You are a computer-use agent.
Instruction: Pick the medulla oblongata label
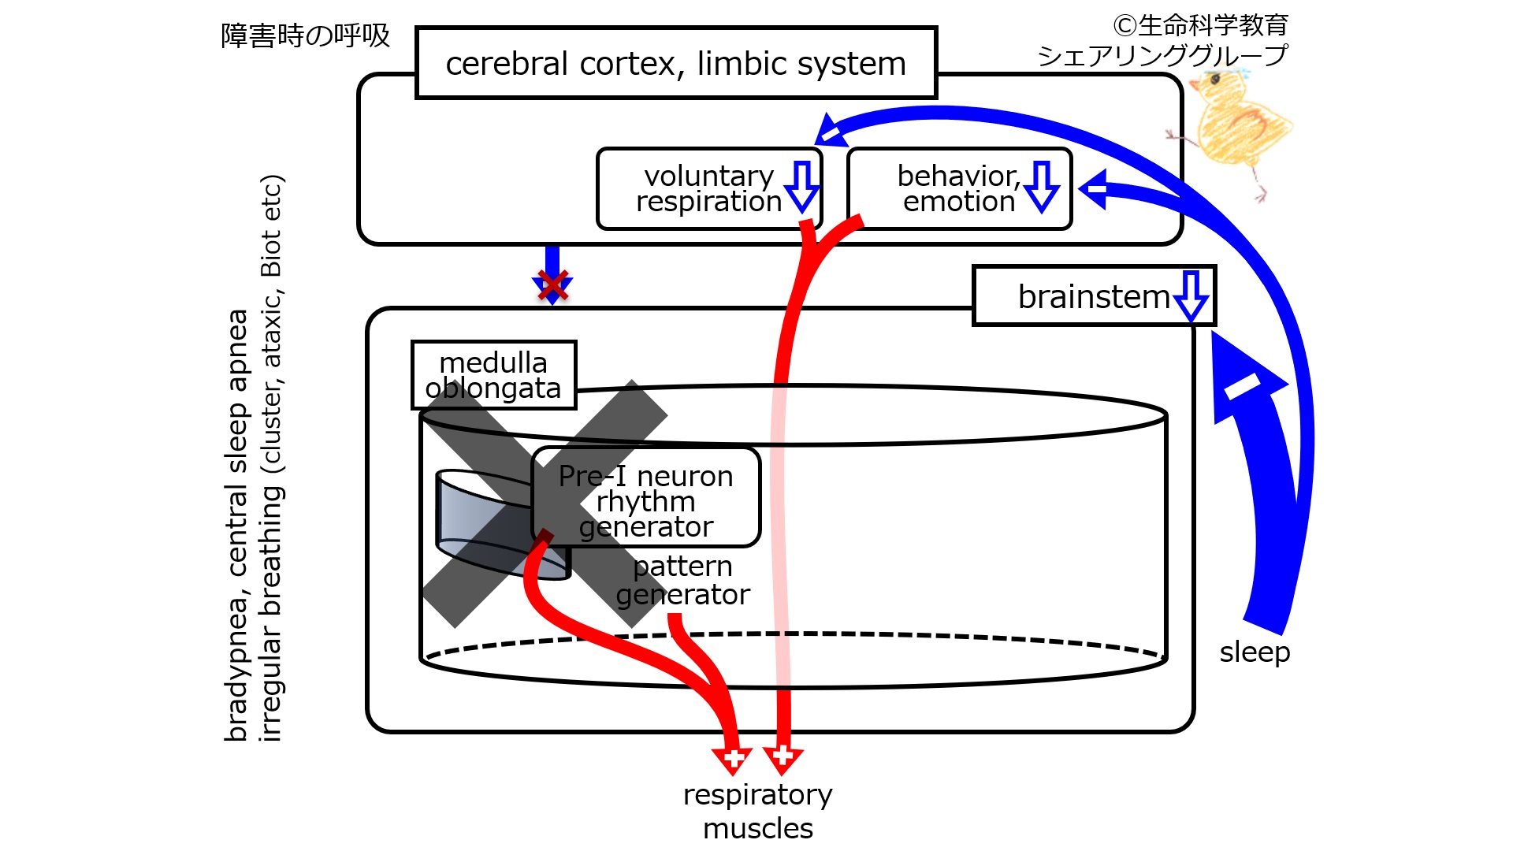pyautogui.click(x=493, y=375)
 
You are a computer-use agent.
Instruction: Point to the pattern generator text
pyautogui.click(x=682, y=580)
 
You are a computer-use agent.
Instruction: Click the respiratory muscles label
pyautogui.click(x=758, y=811)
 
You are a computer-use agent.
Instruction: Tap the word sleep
pyautogui.click(x=1255, y=652)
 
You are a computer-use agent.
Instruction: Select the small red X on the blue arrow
pyautogui.click(x=552, y=285)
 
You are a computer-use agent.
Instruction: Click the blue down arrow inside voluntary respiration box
pyautogui.click(x=802, y=187)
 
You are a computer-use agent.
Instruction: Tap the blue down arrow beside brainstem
pyautogui.click(x=1191, y=296)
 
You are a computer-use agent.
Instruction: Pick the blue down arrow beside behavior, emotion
pyautogui.click(x=1042, y=187)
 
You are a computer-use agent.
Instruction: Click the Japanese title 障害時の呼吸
pyautogui.click(x=306, y=36)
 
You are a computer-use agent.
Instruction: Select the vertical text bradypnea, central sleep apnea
pyautogui.click(x=236, y=526)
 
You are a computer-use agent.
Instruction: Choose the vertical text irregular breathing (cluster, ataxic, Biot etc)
pyautogui.click(x=270, y=458)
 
